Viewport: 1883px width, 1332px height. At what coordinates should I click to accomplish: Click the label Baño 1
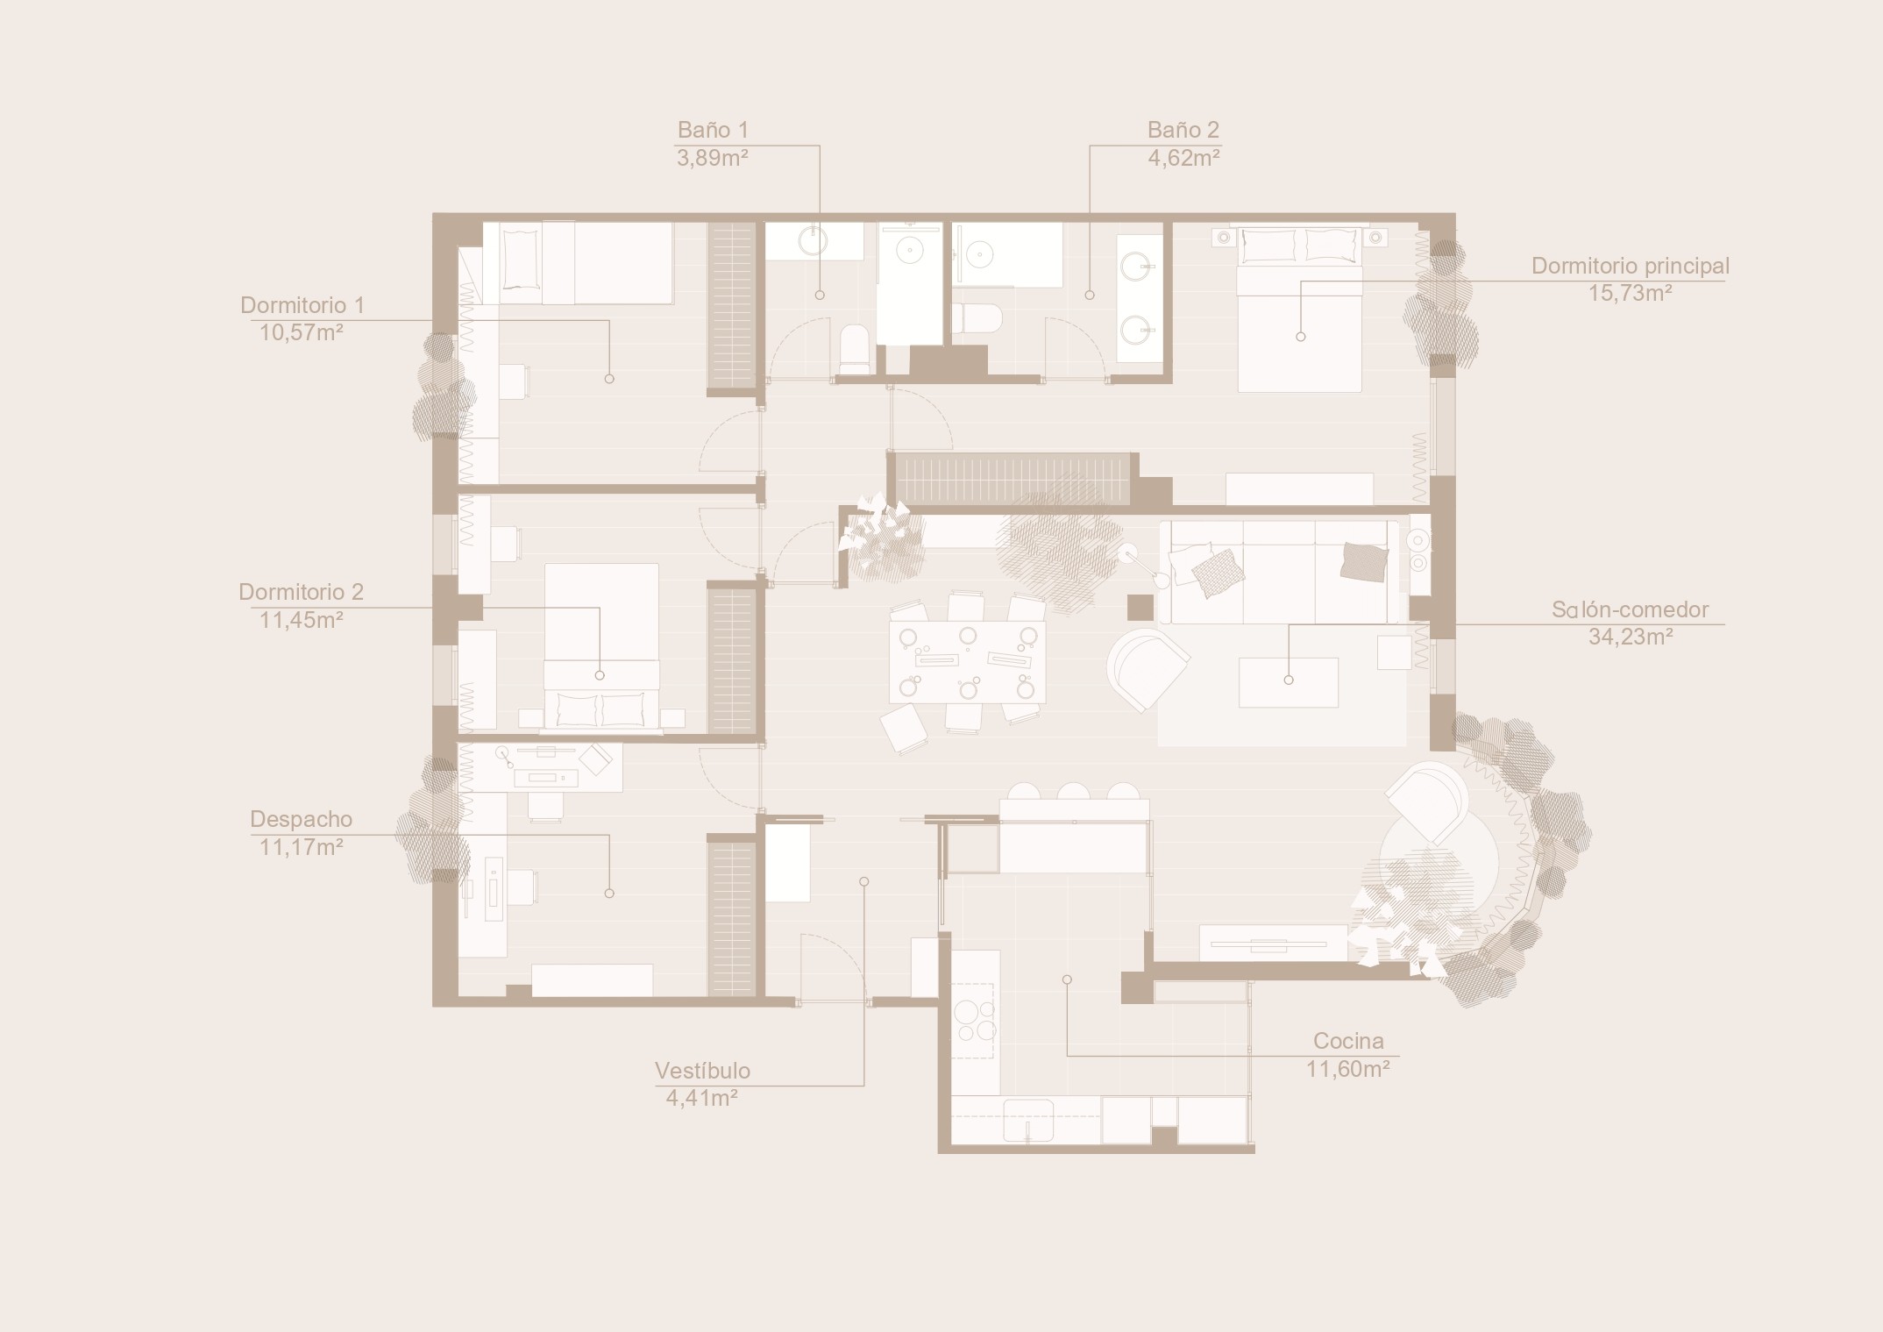pyautogui.click(x=713, y=130)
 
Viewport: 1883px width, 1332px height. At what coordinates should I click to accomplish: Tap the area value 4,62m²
pyautogui.click(x=1183, y=158)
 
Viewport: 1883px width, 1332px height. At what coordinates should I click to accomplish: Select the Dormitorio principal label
pyautogui.click(x=1631, y=266)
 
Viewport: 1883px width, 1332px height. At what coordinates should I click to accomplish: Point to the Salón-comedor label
pyautogui.click(x=1630, y=609)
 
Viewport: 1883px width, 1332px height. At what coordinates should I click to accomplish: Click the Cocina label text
pyautogui.click(x=1348, y=1041)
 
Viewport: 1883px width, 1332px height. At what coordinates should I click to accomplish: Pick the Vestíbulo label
pyautogui.click(x=702, y=1071)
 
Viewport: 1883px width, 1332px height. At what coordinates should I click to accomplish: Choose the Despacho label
pyautogui.click(x=301, y=819)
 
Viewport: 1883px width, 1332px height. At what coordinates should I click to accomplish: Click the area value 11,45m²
pyautogui.click(x=301, y=620)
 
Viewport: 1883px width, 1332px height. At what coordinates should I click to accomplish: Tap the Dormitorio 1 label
pyautogui.click(x=302, y=305)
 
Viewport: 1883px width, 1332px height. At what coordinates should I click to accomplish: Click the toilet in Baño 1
pyautogui.click(x=855, y=350)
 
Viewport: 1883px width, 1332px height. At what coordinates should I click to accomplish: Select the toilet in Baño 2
pyautogui.click(x=977, y=318)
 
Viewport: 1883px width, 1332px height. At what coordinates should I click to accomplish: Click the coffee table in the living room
pyautogui.click(x=1288, y=682)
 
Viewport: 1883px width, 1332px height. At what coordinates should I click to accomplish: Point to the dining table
pyautogui.click(x=967, y=662)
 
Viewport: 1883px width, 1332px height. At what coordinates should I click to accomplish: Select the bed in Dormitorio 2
pyautogui.click(x=601, y=646)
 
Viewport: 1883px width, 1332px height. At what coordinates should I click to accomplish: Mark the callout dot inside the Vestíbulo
pyautogui.click(x=863, y=881)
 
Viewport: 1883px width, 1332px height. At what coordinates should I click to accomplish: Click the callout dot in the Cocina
pyautogui.click(x=1066, y=979)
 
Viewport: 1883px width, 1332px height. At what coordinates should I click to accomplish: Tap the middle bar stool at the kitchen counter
pyautogui.click(x=1073, y=791)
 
